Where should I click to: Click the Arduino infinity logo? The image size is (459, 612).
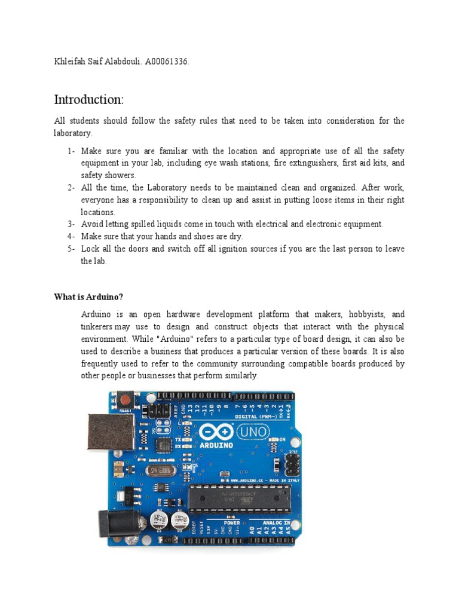(216, 432)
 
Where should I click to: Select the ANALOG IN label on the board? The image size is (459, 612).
(274, 522)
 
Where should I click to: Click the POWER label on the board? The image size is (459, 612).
(231, 522)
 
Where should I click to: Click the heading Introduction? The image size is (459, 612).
(88, 99)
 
